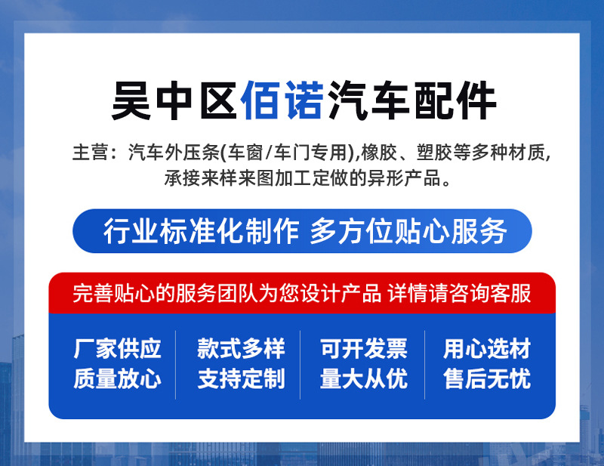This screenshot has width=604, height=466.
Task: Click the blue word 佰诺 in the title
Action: click(x=282, y=100)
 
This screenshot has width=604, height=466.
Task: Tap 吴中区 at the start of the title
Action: click(x=174, y=100)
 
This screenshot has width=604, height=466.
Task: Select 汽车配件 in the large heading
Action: click(x=411, y=100)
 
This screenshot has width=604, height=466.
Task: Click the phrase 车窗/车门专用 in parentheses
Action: click(x=288, y=152)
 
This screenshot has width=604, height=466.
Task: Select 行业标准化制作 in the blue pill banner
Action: click(x=201, y=231)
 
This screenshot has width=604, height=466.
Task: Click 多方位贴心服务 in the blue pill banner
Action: click(x=408, y=231)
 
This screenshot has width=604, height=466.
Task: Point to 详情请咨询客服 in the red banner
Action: click(x=459, y=293)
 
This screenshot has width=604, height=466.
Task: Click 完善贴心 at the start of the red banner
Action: click(x=114, y=293)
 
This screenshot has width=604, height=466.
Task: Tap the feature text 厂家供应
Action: click(x=117, y=349)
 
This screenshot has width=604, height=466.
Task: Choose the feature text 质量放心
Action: click(x=117, y=378)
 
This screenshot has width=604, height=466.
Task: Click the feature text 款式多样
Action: click(x=241, y=349)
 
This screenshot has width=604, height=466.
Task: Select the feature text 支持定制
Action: click(x=241, y=378)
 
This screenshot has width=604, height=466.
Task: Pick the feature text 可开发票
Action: click(x=364, y=349)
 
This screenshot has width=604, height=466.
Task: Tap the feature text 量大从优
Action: click(x=364, y=378)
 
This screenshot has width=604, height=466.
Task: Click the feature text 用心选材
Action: click(x=487, y=349)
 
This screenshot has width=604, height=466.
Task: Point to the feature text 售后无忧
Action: click(x=487, y=378)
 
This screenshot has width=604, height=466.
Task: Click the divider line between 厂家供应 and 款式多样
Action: click(x=176, y=365)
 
